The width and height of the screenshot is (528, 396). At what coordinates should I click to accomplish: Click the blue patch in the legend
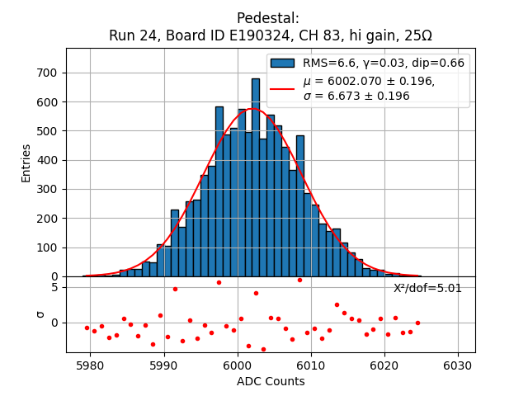click(282, 63)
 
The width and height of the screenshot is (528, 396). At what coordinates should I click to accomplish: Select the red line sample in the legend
click(282, 88)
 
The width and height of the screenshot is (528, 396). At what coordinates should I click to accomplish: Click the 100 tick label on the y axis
click(47, 247)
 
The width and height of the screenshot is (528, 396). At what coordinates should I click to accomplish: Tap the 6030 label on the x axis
click(458, 365)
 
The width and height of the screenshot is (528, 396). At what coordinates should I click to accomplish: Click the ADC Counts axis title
click(270, 381)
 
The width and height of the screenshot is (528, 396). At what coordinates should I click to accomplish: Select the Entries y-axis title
click(26, 163)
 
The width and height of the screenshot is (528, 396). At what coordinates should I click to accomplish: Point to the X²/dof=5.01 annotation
click(427, 288)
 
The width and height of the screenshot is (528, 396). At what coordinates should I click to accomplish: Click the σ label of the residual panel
click(39, 314)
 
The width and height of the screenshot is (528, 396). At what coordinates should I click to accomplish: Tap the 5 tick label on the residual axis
click(54, 287)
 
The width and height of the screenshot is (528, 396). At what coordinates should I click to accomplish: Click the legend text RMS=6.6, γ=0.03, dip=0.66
click(383, 63)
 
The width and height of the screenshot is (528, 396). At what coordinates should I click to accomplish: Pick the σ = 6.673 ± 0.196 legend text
click(356, 96)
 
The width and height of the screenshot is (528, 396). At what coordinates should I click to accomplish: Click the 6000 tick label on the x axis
click(238, 365)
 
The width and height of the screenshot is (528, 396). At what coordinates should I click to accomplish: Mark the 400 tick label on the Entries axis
click(47, 160)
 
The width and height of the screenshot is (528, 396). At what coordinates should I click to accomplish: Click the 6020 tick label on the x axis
click(384, 365)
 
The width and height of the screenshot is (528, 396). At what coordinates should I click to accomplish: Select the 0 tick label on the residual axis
click(54, 323)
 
